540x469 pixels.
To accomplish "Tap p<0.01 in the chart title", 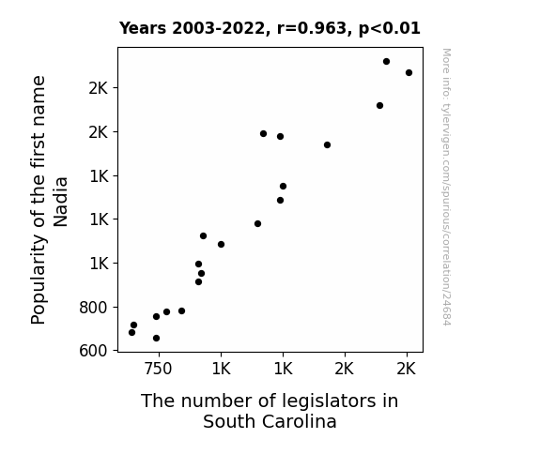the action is (x=390, y=29).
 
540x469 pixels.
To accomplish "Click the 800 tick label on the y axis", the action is (x=93, y=308).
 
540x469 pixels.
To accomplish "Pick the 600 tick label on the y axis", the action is (x=93, y=351).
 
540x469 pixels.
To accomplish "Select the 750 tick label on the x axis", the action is (x=158, y=369).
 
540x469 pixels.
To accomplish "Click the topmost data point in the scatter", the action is (x=386, y=62).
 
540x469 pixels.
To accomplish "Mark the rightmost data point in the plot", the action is (x=409, y=72).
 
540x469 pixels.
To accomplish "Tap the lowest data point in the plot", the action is (x=156, y=339).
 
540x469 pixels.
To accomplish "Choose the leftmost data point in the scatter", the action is (x=131, y=332).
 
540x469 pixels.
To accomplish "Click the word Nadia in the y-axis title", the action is (x=61, y=202).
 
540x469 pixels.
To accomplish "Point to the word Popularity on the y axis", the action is (x=39, y=279).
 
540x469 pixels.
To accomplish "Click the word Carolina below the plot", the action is (x=299, y=421).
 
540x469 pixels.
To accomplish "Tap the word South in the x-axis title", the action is (x=229, y=421).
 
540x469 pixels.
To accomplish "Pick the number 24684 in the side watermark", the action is (x=446, y=310).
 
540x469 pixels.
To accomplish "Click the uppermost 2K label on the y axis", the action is (x=99, y=88).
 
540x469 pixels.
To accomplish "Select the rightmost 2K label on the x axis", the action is (x=407, y=369).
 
